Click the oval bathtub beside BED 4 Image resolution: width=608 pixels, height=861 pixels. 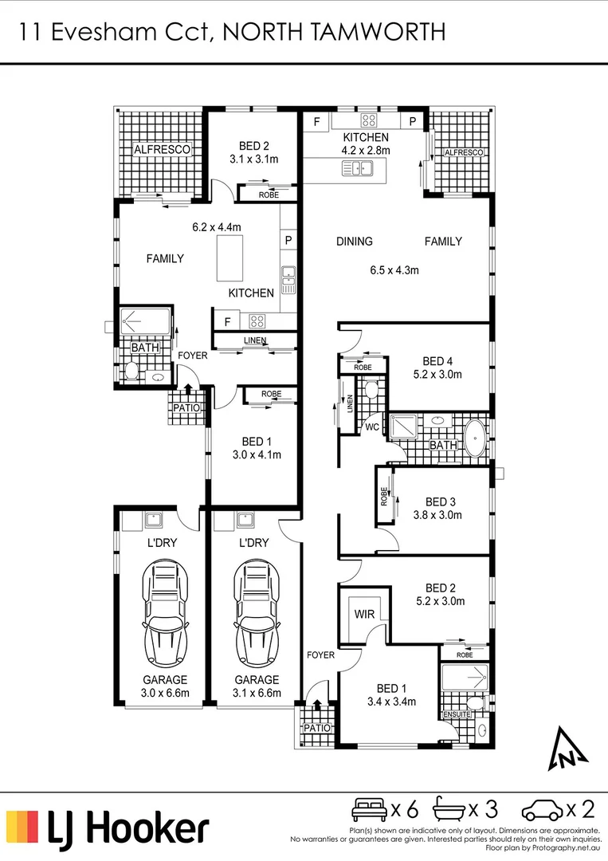coord(476,438)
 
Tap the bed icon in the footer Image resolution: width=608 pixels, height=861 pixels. coord(369,810)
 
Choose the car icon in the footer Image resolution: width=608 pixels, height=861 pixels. coord(541,811)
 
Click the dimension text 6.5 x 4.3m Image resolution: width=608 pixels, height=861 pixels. coord(394,270)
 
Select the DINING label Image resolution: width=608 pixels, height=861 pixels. coord(355,242)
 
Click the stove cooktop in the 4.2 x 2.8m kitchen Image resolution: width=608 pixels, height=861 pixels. coord(369,122)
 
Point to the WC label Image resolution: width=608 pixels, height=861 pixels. coord(371,427)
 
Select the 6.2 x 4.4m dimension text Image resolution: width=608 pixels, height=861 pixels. coord(217,227)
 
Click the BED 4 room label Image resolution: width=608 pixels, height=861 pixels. coord(437,360)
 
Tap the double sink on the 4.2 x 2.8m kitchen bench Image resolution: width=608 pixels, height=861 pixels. coord(356,168)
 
